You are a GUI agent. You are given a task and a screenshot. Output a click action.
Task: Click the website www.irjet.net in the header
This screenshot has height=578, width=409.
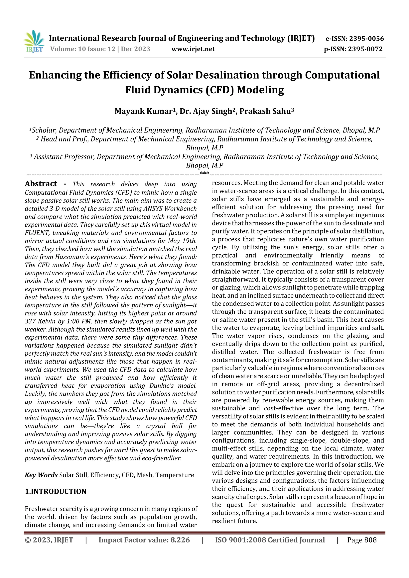coord(193,49)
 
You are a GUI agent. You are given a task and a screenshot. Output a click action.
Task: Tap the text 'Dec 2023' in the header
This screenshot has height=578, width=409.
coord(135,49)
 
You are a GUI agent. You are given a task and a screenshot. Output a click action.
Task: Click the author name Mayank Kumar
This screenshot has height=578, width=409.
coord(143,111)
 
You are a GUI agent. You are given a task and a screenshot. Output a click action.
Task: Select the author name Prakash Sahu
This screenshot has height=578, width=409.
coord(265,111)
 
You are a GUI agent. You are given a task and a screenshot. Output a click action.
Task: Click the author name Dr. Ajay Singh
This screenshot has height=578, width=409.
coord(205,111)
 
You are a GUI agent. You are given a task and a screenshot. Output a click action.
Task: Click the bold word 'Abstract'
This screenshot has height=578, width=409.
coord(41,184)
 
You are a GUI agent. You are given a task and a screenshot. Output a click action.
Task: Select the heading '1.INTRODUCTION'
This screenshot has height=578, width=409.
coord(56,491)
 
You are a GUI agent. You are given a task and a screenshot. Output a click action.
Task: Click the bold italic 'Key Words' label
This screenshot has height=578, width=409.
coord(41,475)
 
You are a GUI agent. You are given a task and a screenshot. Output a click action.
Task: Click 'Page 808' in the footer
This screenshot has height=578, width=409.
coord(362,540)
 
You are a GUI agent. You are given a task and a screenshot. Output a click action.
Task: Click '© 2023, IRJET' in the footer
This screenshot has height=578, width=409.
coord(49,540)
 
